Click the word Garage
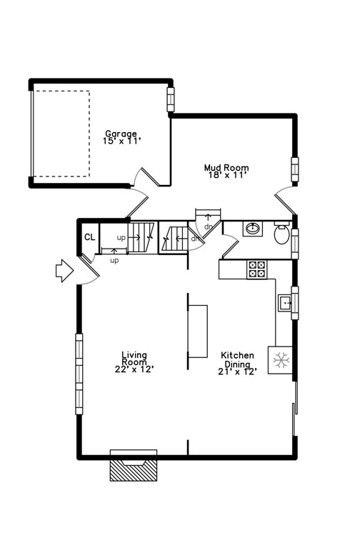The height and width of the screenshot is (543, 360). click(122, 134)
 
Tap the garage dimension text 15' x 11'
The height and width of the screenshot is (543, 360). click(122, 141)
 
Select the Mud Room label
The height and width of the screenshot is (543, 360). click(226, 168)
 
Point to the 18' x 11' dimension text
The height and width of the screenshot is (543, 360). click(226, 176)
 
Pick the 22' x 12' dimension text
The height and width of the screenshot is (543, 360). click(134, 369)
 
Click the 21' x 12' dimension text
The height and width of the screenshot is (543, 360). click(236, 371)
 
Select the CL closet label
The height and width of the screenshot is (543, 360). click(89, 238)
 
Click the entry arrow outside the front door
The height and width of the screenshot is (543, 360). click(64, 271)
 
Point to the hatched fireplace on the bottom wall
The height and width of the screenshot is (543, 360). click(133, 469)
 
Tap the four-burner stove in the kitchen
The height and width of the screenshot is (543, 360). click(256, 269)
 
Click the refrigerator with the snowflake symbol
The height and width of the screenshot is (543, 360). click(281, 360)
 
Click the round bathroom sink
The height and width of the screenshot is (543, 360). click(252, 229)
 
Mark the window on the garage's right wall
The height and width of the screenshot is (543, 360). click(171, 99)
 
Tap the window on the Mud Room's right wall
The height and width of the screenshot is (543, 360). click(295, 169)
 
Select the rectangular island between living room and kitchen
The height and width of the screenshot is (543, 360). click(198, 330)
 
